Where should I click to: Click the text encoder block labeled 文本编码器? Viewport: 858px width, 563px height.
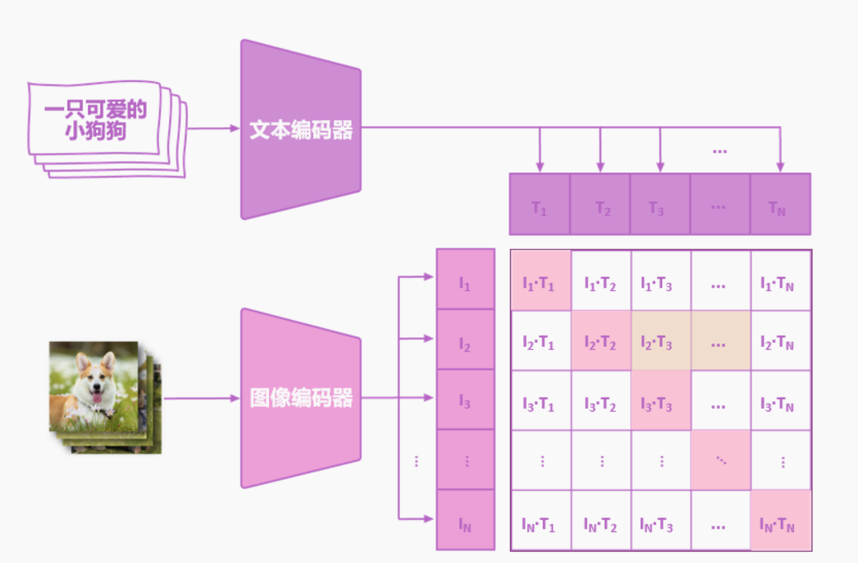[301, 130]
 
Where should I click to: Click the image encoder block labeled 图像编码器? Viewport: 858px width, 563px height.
[301, 398]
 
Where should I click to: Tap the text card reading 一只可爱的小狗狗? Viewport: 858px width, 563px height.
[95, 120]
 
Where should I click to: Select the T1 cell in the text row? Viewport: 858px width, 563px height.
[539, 208]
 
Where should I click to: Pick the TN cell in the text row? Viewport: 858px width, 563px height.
[780, 208]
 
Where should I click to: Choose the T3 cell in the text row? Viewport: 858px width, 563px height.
[660, 208]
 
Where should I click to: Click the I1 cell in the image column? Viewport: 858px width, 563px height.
[465, 282]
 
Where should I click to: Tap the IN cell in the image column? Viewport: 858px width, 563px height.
[465, 524]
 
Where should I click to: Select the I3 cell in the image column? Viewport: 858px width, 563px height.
[465, 400]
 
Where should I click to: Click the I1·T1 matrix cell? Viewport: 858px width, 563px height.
[540, 282]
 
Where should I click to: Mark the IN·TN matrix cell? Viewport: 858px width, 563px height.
[780, 524]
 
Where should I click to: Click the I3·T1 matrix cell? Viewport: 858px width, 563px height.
[540, 404]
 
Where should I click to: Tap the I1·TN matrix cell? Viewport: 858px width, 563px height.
[780, 282]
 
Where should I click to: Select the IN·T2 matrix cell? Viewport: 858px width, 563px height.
[600, 524]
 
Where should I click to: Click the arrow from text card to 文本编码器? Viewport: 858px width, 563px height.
[213, 128]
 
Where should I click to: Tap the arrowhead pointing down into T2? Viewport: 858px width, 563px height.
[600, 167]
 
